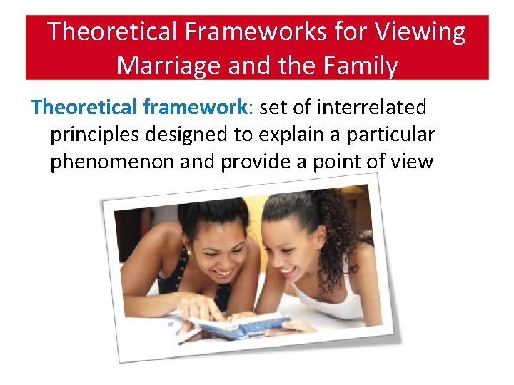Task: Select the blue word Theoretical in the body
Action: [85, 108]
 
